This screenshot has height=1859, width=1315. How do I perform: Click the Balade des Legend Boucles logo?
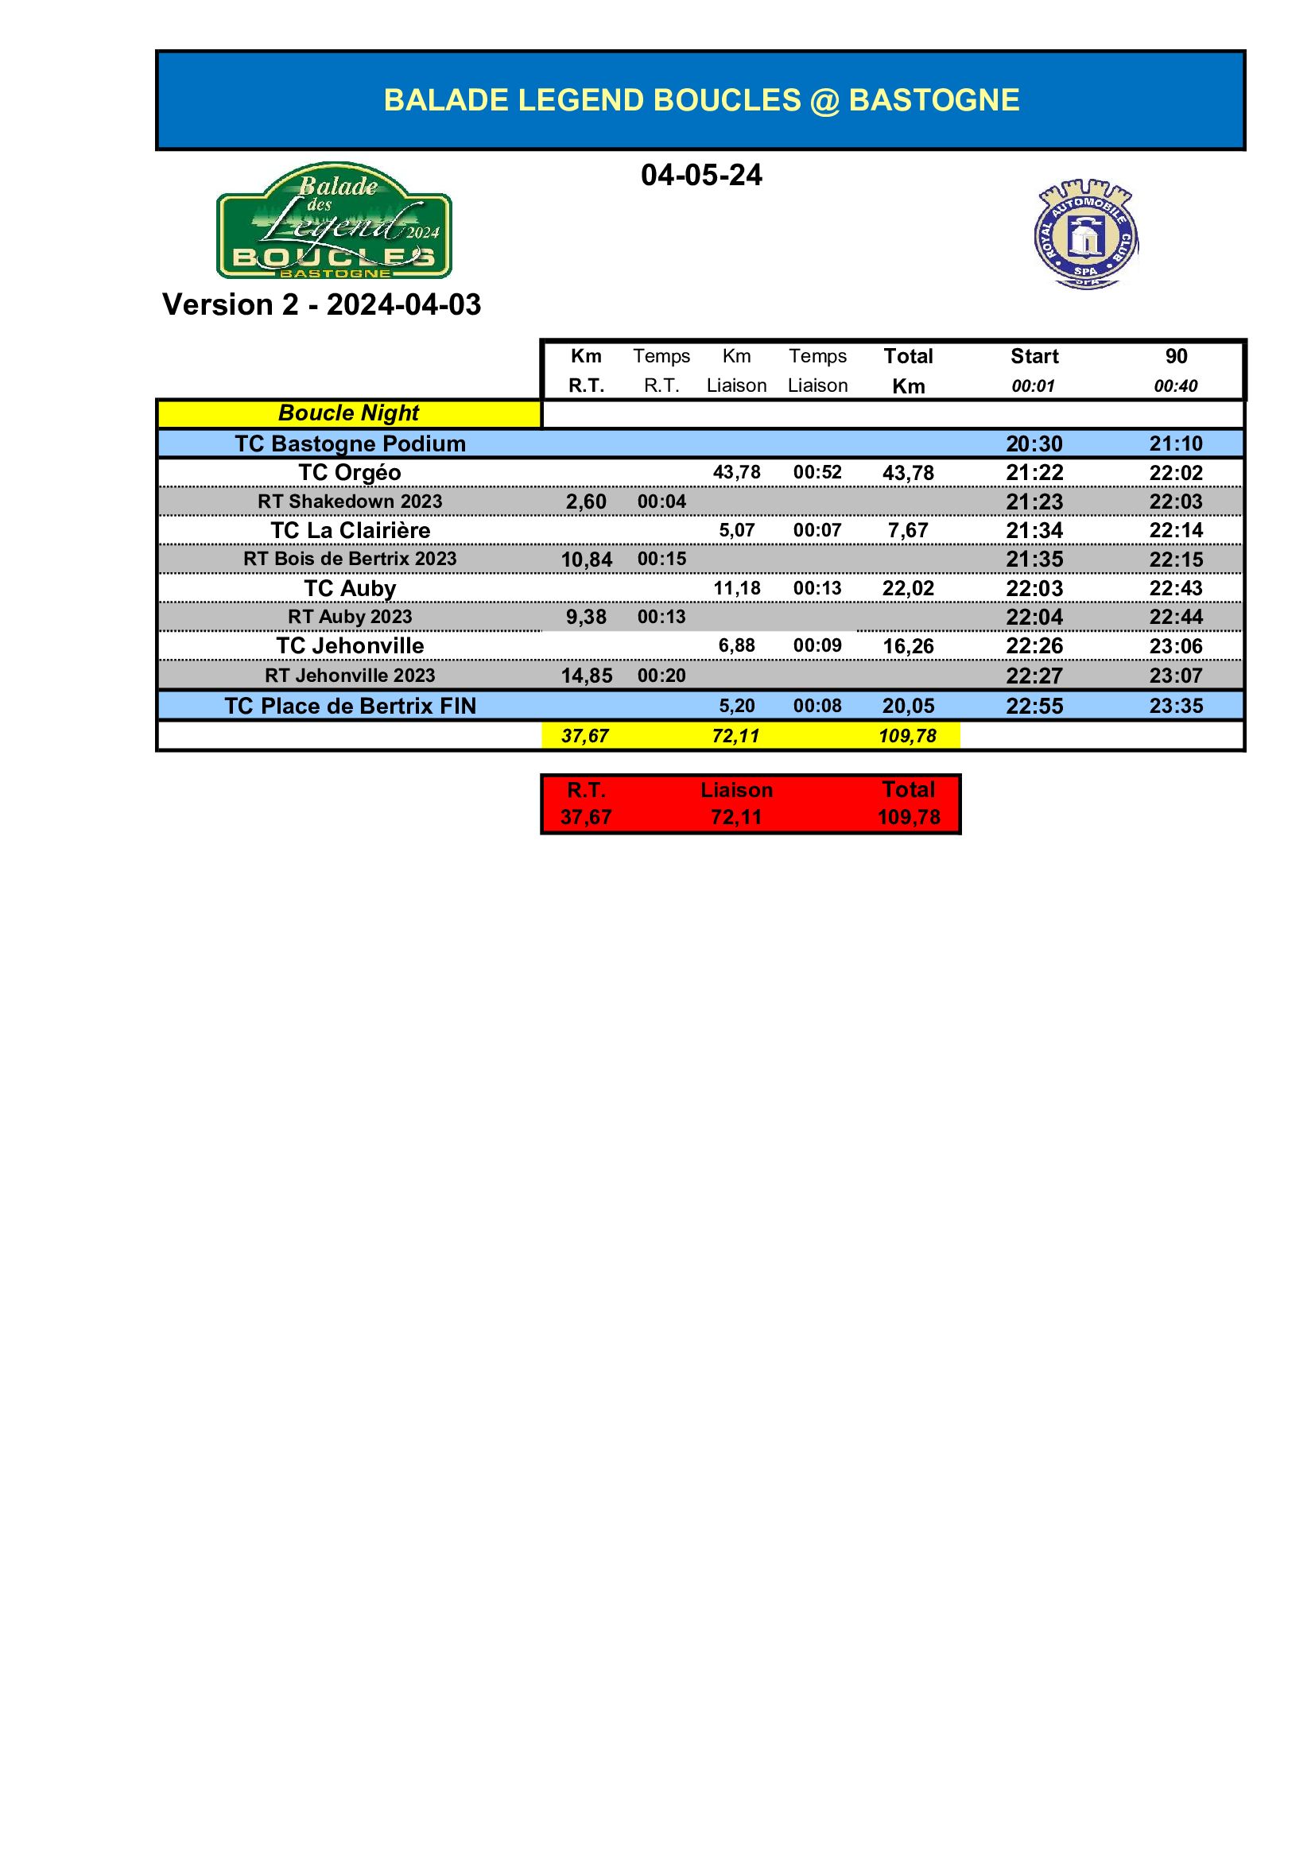334,220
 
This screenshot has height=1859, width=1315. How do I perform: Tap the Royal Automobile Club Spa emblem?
1085,234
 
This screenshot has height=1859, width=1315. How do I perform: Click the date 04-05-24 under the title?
700,175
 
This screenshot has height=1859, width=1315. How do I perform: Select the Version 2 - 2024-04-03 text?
321,304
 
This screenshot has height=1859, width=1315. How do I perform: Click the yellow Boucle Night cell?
348,413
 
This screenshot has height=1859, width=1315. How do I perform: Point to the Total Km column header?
908,371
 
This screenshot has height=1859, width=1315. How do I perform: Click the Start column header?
1034,356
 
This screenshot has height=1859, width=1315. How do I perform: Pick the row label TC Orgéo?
349,473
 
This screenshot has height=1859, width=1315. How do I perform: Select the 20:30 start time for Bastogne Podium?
1034,443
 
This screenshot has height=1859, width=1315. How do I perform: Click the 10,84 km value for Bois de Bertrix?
586,560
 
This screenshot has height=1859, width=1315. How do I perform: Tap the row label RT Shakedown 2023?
350,502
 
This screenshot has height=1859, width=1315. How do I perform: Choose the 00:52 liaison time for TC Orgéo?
817,472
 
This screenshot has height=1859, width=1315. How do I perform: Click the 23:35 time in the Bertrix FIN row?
1176,706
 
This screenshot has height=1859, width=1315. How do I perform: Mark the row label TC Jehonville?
350,646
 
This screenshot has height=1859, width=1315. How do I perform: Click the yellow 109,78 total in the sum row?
907,736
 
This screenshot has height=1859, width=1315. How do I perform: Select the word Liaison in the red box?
736,789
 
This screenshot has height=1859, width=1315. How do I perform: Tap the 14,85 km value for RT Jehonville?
586,676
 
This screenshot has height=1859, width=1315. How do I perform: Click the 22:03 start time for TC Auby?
1034,589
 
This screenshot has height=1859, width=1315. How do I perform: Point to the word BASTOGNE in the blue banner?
933,100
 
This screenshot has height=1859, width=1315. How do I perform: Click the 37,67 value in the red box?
585,817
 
